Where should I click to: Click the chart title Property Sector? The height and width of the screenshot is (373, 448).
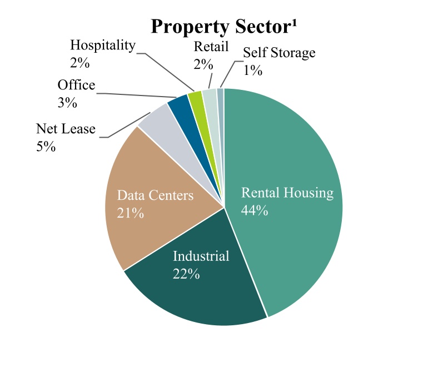click(x=220, y=28)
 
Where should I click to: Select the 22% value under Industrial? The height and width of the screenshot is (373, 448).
click(x=186, y=274)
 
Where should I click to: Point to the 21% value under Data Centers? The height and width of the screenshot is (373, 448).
click(x=131, y=213)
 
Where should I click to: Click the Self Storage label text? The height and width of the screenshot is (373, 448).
click(x=280, y=53)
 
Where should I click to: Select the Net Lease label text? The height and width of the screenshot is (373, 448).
click(x=66, y=129)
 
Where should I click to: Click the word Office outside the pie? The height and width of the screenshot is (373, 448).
click(x=76, y=85)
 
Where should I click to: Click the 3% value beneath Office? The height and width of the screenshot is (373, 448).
click(x=67, y=103)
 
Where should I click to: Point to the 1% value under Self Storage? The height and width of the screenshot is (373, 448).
click(x=252, y=70)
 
